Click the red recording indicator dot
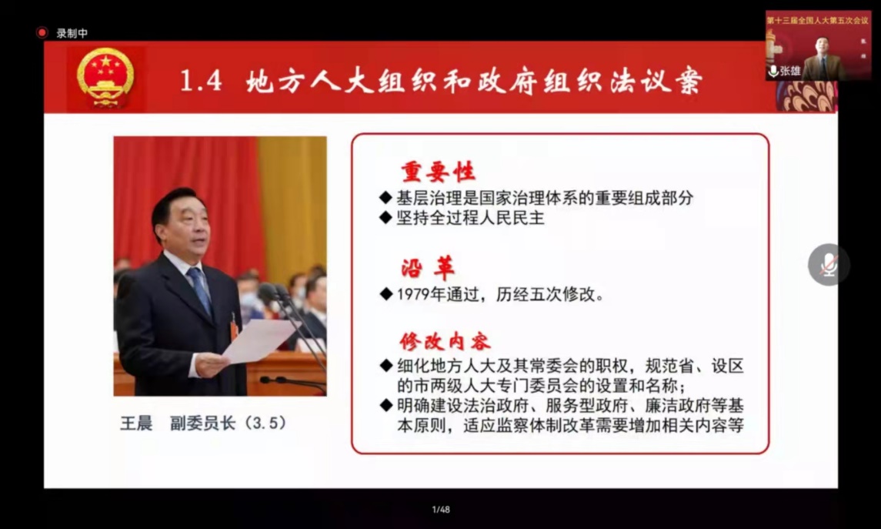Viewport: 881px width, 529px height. point(42,32)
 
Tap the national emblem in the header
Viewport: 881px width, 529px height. point(105,78)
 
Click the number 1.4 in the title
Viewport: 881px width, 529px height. point(201,81)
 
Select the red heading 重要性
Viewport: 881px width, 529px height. point(439,172)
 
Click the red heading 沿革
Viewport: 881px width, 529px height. point(428,269)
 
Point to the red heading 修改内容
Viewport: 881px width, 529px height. point(445,341)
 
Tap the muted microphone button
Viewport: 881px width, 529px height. point(829,265)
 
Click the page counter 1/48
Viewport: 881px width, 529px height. point(441,509)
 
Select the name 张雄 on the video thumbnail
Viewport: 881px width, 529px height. point(790,71)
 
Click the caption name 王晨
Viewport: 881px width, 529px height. point(136,423)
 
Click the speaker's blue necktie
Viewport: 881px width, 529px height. point(200,290)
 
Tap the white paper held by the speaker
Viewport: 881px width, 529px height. point(259,340)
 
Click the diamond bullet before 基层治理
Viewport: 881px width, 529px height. point(385,197)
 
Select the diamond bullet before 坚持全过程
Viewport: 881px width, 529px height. point(385,217)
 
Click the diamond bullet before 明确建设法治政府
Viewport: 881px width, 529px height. point(385,405)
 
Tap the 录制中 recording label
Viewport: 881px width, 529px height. point(72,33)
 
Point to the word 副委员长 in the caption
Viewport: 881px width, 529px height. point(202,423)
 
